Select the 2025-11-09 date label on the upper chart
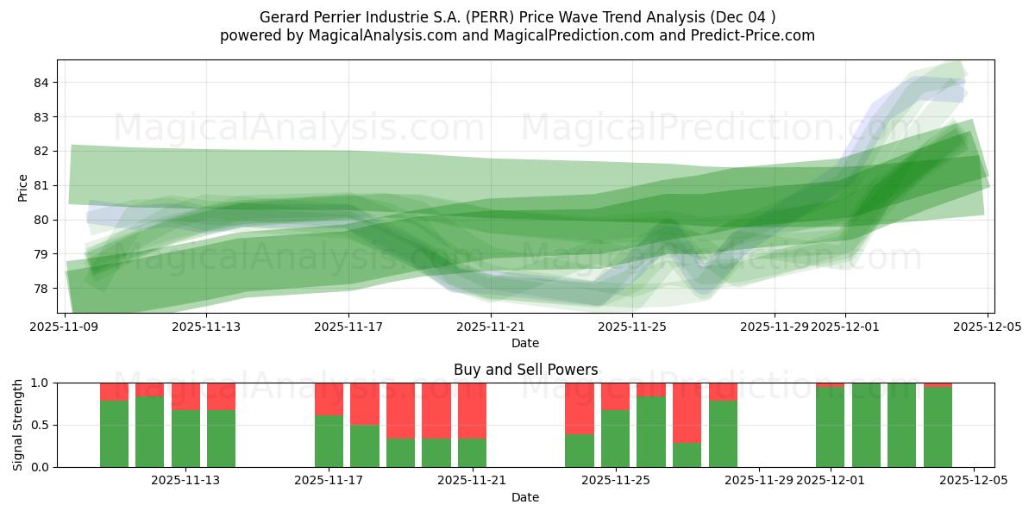[x=65, y=327]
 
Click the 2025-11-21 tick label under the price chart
[x=491, y=327]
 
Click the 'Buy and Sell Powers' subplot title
[x=525, y=370]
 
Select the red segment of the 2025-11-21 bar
[x=472, y=410]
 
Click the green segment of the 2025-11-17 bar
[x=329, y=441]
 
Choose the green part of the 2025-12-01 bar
[x=830, y=427]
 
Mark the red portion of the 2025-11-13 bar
[x=185, y=396]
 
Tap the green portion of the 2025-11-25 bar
[x=615, y=439]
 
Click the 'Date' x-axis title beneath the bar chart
[x=525, y=497]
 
